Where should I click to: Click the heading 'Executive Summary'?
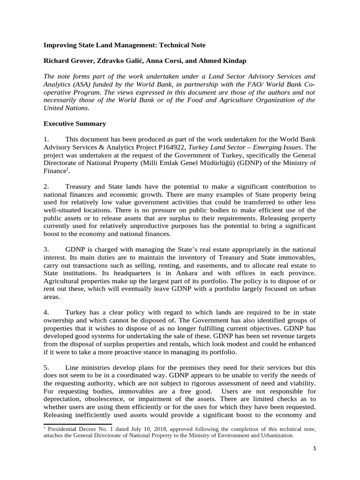click(x=75, y=124)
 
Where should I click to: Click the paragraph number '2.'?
click(x=47, y=187)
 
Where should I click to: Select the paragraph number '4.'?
click(x=47, y=312)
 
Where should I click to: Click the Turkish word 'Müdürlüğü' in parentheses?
click(x=240, y=163)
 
